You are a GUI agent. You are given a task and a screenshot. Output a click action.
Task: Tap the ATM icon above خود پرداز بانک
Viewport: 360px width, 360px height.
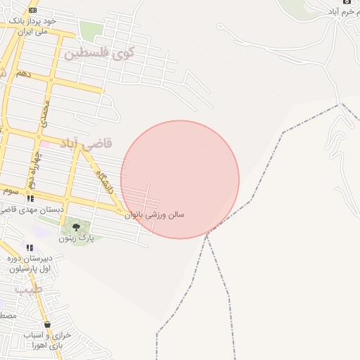pos(32,10)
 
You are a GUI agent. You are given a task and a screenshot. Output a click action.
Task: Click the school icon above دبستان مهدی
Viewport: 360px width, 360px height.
pos(30,199)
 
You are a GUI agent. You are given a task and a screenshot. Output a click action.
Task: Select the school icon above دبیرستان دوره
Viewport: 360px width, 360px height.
pos(30,247)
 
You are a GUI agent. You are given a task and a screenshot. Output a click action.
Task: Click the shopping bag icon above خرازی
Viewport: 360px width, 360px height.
pos(47,325)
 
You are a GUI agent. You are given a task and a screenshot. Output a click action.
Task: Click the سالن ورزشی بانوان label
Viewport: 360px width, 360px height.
pos(155,214)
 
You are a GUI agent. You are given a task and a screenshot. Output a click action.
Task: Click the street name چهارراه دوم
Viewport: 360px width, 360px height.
pos(32,165)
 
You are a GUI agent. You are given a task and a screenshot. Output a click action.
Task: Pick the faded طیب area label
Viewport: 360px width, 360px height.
pos(28,289)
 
